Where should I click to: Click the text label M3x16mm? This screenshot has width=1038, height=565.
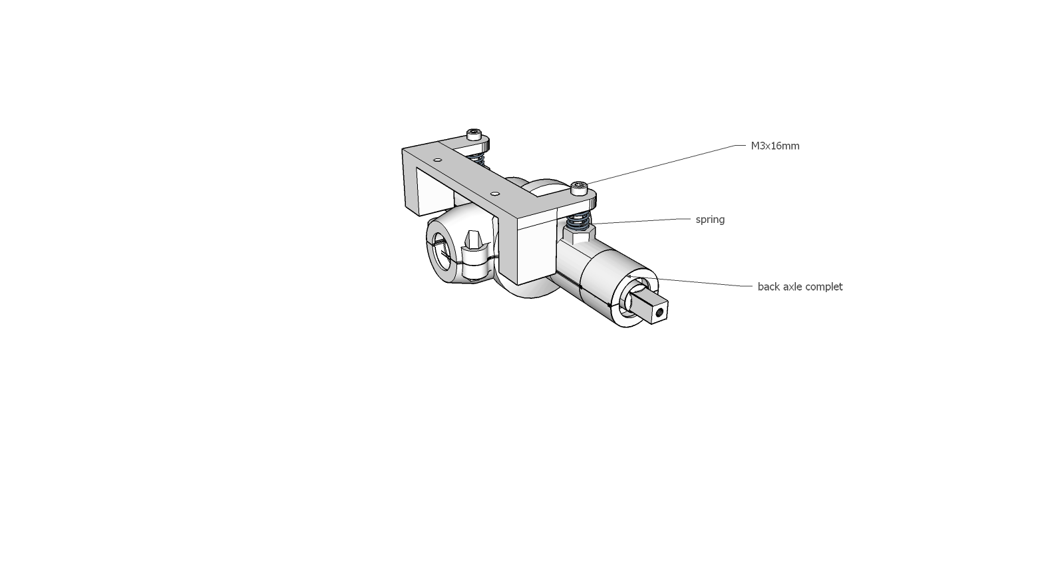(x=775, y=146)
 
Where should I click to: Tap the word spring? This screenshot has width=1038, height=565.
(x=710, y=220)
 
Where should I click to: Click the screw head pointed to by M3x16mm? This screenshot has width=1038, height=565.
(x=580, y=188)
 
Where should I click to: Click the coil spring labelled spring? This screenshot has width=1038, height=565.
(x=578, y=221)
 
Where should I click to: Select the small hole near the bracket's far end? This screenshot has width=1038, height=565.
(x=437, y=160)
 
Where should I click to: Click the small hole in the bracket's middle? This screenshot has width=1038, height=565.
(x=495, y=193)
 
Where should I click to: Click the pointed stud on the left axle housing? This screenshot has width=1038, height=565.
(x=474, y=244)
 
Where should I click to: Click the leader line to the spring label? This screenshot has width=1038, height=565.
(x=641, y=221)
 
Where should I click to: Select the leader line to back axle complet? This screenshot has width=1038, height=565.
(x=690, y=282)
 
